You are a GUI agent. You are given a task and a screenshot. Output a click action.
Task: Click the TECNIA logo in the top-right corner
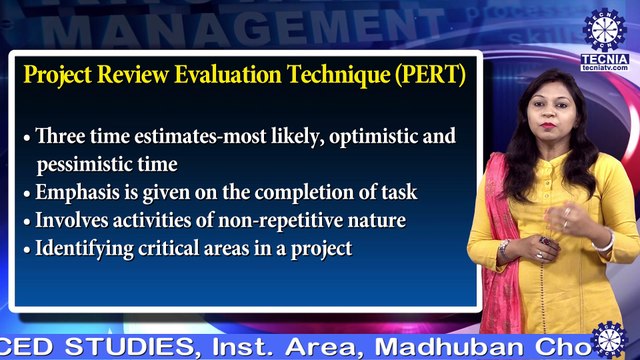tap(604, 30)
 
